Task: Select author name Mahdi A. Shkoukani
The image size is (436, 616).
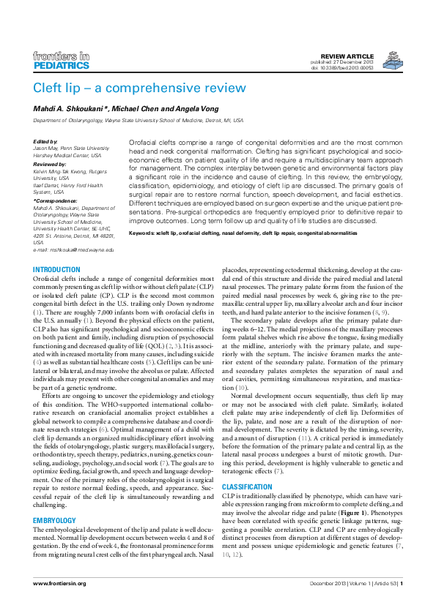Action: pos(68,108)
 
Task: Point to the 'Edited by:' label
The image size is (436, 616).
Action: pos(46,141)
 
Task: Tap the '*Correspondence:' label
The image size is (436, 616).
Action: pos(56,200)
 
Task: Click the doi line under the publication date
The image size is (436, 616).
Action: pos(343,68)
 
